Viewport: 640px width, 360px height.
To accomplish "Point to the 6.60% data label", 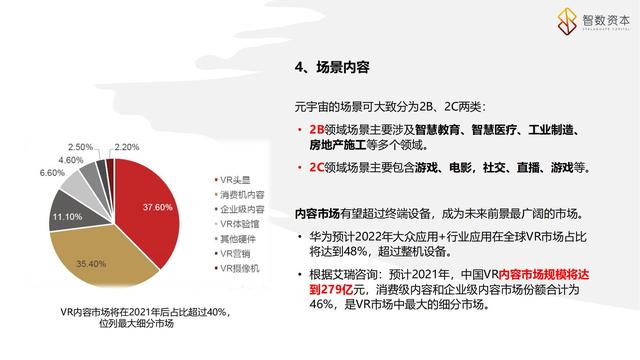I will tap(51, 173).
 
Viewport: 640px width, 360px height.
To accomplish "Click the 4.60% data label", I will tap(71, 159).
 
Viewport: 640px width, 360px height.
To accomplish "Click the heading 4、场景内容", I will tap(333, 68).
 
